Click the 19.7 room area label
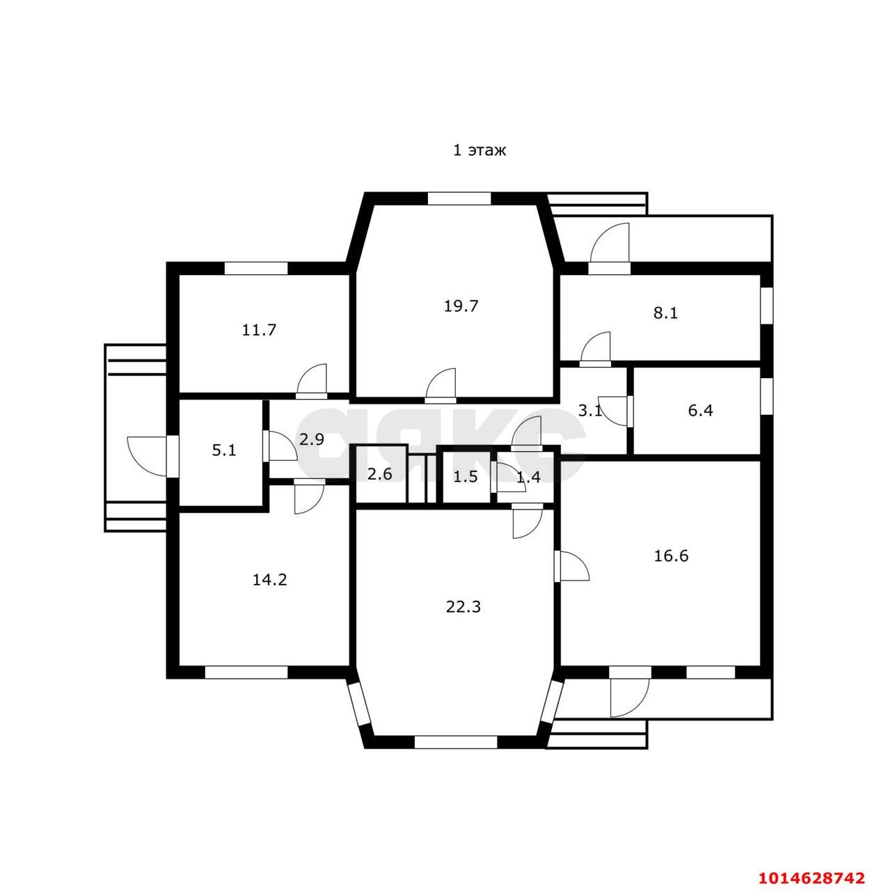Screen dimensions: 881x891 [x=460, y=306]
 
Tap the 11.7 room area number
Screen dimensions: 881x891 [x=258, y=330]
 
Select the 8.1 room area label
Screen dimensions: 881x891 [x=665, y=313]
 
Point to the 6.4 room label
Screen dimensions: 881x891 [x=700, y=410]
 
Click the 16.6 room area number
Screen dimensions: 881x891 [x=671, y=555]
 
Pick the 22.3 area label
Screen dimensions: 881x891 [x=463, y=606]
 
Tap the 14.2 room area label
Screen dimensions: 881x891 [x=269, y=580]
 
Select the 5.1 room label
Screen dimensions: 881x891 [x=224, y=450]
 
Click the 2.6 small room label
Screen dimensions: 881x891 [x=380, y=474]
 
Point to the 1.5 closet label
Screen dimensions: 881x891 [x=465, y=477]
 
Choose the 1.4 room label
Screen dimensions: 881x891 [x=528, y=477]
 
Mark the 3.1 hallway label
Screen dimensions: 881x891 [x=590, y=410]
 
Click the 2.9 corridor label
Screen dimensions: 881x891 [x=311, y=439]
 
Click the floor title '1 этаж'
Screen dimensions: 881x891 [x=479, y=150]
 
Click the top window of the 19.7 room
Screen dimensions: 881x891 [x=459, y=199]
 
